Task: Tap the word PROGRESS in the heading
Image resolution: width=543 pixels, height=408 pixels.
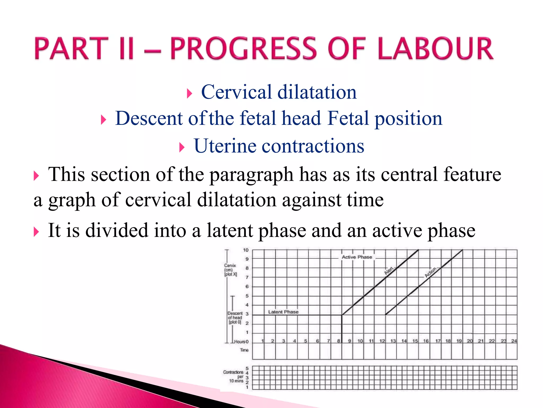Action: pyautogui.click(x=243, y=48)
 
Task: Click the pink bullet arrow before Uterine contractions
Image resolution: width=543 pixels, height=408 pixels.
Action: pyautogui.click(x=182, y=147)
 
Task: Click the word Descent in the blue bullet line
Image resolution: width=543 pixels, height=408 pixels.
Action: pyautogui.click(x=149, y=118)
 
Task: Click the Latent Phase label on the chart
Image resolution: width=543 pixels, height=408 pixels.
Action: pyautogui.click(x=283, y=312)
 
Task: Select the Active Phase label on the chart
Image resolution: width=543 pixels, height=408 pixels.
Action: pyautogui.click(x=357, y=257)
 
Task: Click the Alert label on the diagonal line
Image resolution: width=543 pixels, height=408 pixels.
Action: pyautogui.click(x=389, y=270)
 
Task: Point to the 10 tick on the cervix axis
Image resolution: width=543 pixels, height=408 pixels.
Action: pyautogui.click(x=246, y=250)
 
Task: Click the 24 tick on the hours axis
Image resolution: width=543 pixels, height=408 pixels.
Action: pyautogui.click(x=514, y=341)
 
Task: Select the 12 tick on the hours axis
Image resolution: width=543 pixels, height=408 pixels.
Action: pyautogui.click(x=382, y=341)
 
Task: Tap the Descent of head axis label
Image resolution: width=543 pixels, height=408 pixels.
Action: pyautogui.click(x=235, y=317)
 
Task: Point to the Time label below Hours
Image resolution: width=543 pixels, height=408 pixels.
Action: pyautogui.click(x=244, y=350)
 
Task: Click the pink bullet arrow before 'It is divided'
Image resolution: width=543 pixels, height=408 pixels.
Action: pyautogui.click(x=36, y=232)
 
